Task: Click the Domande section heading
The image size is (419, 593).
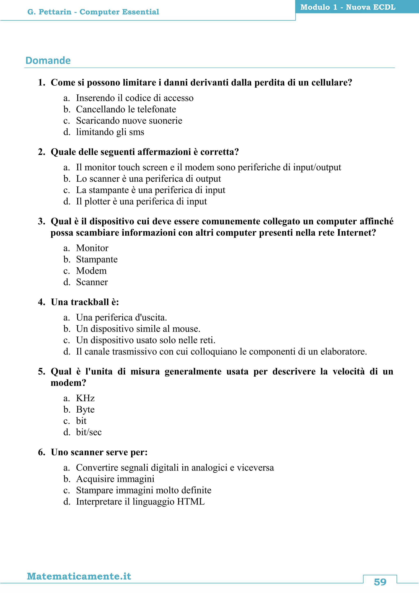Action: pyautogui.click(x=48, y=60)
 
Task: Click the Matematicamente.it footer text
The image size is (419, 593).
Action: pyautogui.click(x=79, y=576)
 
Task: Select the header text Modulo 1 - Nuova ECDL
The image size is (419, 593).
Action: pyautogui.click(x=348, y=7)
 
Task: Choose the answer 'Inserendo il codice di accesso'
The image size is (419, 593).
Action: pyautogui.click(x=134, y=98)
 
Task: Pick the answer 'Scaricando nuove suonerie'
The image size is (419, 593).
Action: pyautogui.click(x=129, y=121)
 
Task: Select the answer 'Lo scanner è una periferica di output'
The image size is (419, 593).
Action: pyautogui.click(x=148, y=179)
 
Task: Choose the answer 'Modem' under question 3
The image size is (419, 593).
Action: pyautogui.click(x=91, y=271)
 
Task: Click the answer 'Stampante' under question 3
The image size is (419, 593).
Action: pyautogui.click(x=97, y=259)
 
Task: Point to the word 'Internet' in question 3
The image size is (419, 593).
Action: pyautogui.click(x=354, y=233)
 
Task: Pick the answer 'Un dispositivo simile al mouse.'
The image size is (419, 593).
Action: pyautogui.click(x=138, y=329)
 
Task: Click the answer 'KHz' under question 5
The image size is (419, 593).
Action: pyautogui.click(x=85, y=398)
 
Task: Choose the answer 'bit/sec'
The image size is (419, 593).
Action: pyautogui.click(x=89, y=432)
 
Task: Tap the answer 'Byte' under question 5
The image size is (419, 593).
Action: pyautogui.click(x=85, y=410)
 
